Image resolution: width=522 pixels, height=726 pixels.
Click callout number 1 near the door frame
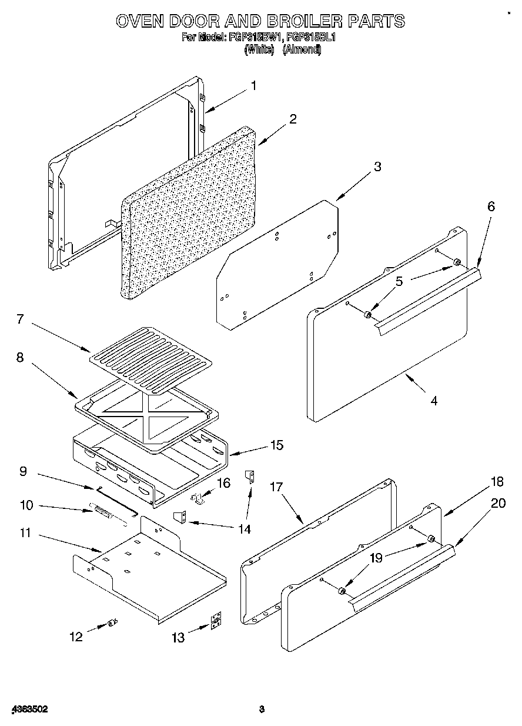point(253,86)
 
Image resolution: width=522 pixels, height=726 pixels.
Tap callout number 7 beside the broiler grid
point(20,319)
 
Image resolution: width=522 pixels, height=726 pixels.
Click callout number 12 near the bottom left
point(76,636)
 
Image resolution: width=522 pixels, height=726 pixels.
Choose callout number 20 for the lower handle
point(497,503)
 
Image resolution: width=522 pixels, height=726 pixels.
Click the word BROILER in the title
point(304,21)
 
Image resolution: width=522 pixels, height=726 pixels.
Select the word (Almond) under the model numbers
point(302,50)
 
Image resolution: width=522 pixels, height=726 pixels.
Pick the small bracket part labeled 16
point(198,499)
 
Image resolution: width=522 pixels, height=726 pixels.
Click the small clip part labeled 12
point(112,623)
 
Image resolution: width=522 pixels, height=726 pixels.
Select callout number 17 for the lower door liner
point(276,487)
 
